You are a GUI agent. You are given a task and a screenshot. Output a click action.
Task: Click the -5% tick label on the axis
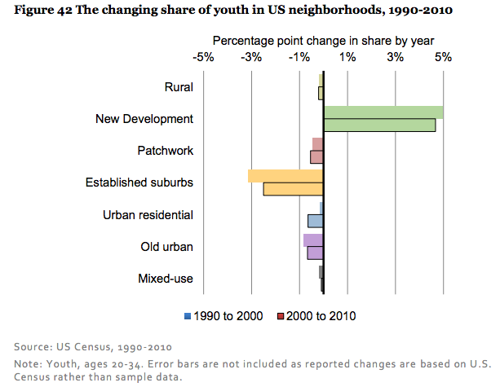(x=203, y=57)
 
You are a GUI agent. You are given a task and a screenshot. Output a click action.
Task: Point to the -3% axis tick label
(x=251, y=57)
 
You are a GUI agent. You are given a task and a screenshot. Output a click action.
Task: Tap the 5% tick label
(x=443, y=57)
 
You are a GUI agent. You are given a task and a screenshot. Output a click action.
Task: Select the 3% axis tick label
(x=396, y=57)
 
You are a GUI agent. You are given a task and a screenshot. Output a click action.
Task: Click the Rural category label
(x=179, y=87)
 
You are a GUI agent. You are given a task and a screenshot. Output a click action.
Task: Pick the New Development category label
(x=144, y=119)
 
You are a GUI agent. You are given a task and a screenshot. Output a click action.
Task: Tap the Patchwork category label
(x=166, y=151)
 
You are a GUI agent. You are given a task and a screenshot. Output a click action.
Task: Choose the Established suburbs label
(x=139, y=183)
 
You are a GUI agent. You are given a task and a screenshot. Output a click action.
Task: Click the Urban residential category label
(x=148, y=215)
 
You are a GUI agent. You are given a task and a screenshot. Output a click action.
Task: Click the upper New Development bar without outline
(x=383, y=112)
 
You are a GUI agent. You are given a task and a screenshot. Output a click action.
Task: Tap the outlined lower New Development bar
(x=379, y=125)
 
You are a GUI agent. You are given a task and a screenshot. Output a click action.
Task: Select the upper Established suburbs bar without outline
(x=285, y=176)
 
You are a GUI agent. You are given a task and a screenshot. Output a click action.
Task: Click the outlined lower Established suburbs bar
(x=293, y=189)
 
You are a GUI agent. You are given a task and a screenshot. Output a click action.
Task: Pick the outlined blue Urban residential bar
(x=315, y=221)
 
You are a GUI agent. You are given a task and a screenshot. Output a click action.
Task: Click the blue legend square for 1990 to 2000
(x=188, y=316)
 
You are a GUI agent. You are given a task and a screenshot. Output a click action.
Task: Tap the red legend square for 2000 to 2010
(x=281, y=316)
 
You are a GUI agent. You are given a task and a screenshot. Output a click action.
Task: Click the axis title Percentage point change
(x=323, y=40)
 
